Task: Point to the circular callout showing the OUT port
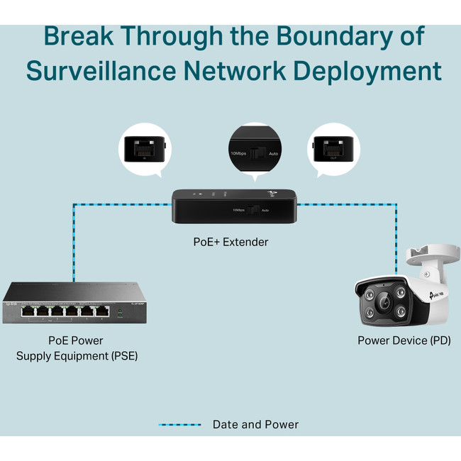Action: [x=330, y=148]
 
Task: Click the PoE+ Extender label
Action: [x=230, y=242]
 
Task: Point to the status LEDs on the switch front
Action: [x=120, y=311]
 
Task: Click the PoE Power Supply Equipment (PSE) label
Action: [x=77, y=348]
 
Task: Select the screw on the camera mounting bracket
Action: [x=427, y=273]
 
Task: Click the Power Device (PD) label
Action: [x=403, y=340]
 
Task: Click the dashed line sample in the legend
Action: [x=179, y=425]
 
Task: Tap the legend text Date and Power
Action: [x=255, y=425]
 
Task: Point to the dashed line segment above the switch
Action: [x=72, y=241]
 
